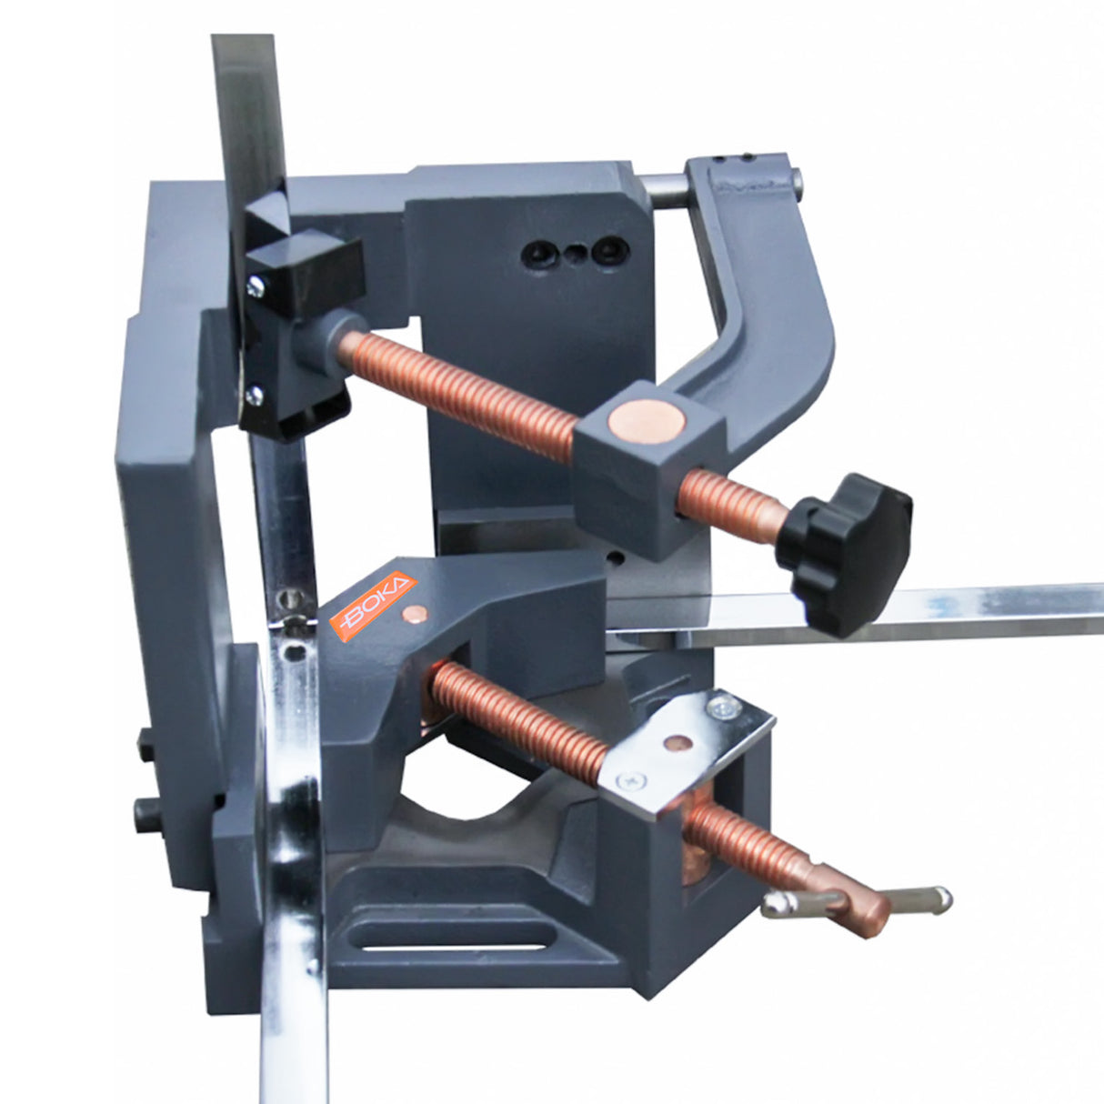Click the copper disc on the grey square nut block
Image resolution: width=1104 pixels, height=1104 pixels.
click(647, 422)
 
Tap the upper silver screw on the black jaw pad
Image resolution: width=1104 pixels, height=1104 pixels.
click(255, 286)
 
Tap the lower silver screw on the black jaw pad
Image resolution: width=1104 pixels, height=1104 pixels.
click(253, 395)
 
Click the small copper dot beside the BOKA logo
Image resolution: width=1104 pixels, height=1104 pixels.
click(414, 614)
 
